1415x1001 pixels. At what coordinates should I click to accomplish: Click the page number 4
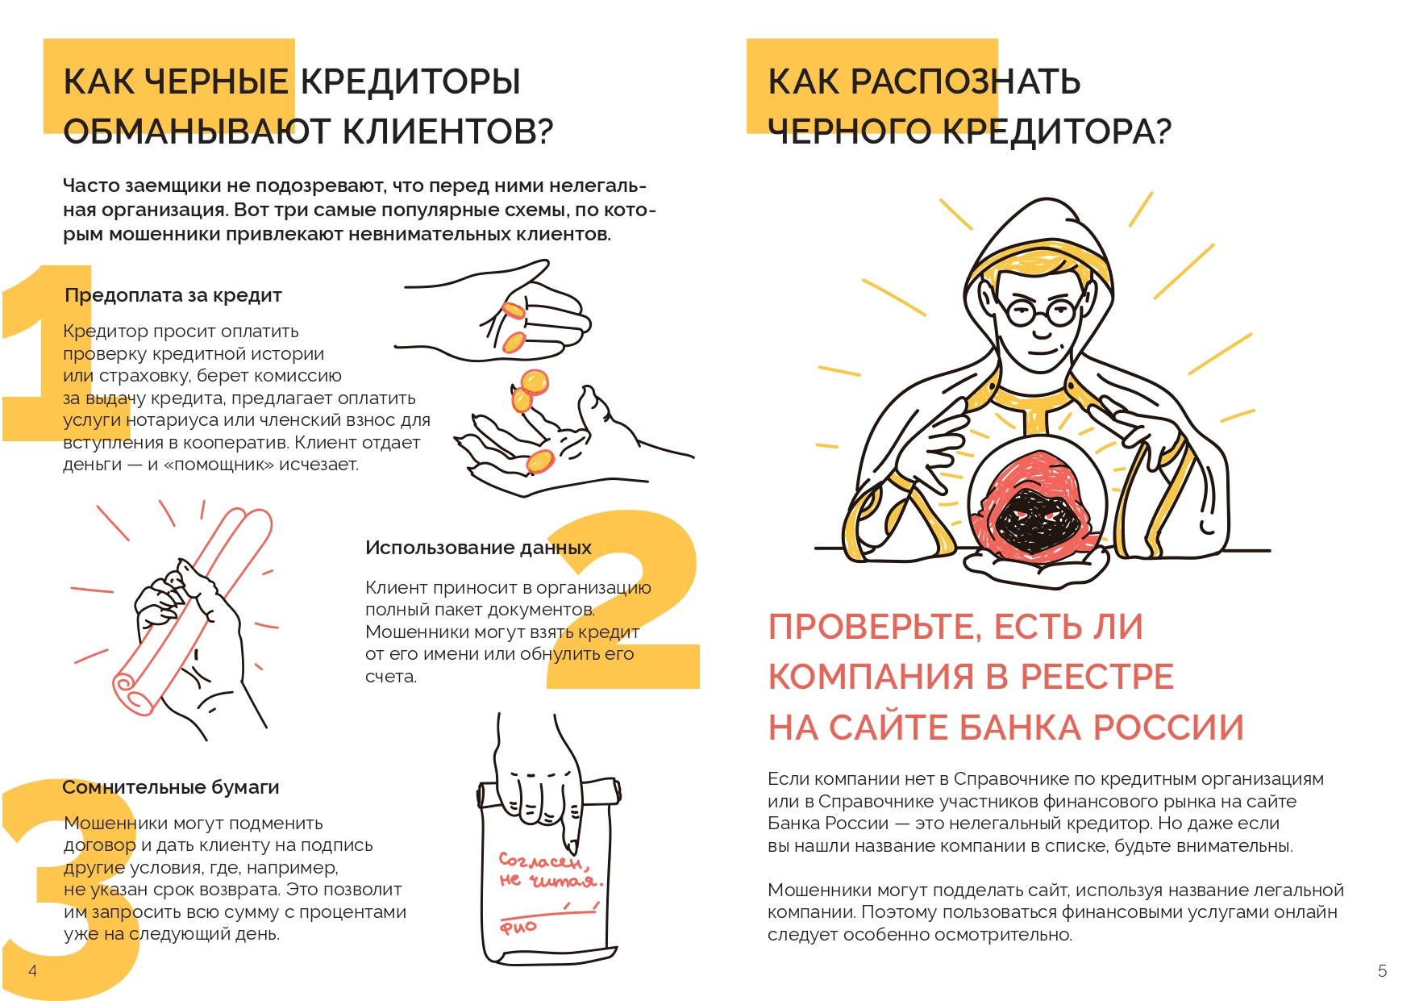tap(32, 970)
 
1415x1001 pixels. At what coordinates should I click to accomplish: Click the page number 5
tap(1382, 971)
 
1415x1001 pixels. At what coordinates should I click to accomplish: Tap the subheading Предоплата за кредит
tap(173, 295)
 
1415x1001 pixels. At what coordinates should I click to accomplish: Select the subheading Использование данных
tap(478, 548)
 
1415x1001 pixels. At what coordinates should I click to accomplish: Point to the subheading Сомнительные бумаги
tap(171, 787)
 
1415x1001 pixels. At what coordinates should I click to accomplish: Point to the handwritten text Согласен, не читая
tap(549, 871)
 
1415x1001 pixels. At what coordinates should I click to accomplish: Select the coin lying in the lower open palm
tap(539, 461)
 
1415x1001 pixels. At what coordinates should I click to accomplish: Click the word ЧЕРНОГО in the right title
tap(850, 131)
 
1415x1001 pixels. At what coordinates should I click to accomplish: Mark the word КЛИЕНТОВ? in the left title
tap(448, 131)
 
